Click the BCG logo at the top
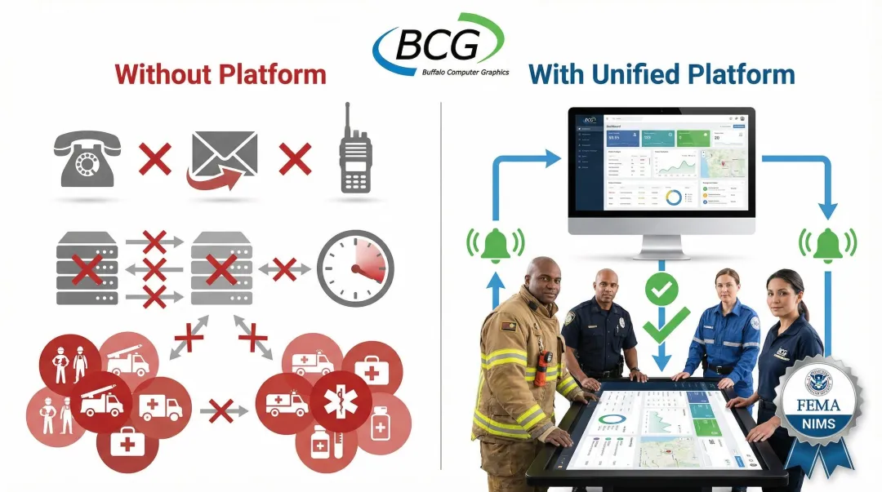[x=439, y=46]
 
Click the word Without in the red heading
[x=164, y=74]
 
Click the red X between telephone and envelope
[x=155, y=158]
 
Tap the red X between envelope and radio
[x=295, y=158]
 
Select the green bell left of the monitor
[x=494, y=244]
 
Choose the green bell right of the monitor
[x=828, y=244]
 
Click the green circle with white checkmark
[x=659, y=290]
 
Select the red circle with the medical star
[x=340, y=401]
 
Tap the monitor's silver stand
[x=661, y=245]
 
